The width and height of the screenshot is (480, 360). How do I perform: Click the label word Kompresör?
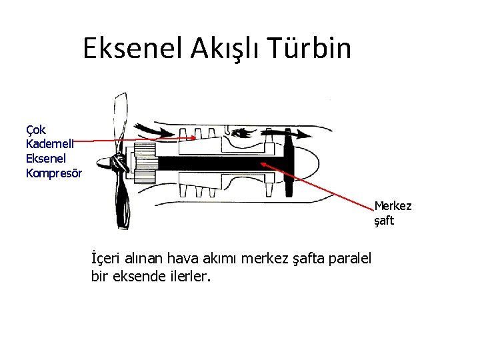coord(53,173)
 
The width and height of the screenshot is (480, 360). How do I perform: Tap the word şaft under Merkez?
coord(383,220)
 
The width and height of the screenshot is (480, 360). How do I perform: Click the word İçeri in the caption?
coord(107,257)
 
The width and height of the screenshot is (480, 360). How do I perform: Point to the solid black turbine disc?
coord(289,163)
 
